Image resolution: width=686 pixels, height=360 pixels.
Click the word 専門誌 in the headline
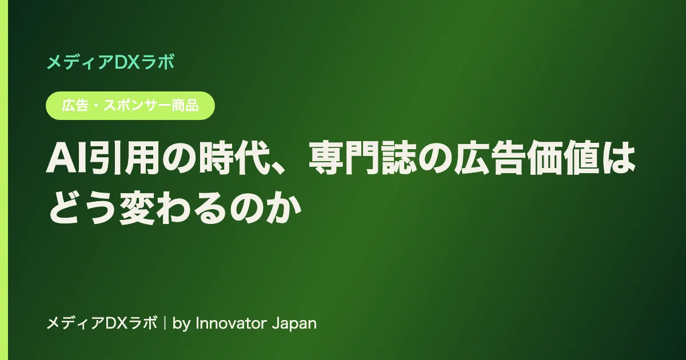(x=362, y=159)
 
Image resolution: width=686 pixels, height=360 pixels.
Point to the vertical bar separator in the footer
(x=165, y=323)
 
